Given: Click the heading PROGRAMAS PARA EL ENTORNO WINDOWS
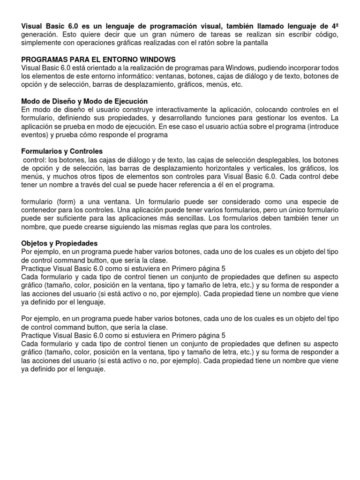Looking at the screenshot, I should tap(98, 60).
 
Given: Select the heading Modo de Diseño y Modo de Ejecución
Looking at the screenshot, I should tap(85, 101).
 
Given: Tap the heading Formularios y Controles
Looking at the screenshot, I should tap(62, 151).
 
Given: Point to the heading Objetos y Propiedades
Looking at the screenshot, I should tap(60, 243).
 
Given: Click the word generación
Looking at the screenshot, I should tap(41, 35).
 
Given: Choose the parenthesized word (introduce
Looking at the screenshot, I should tap(322, 126).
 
